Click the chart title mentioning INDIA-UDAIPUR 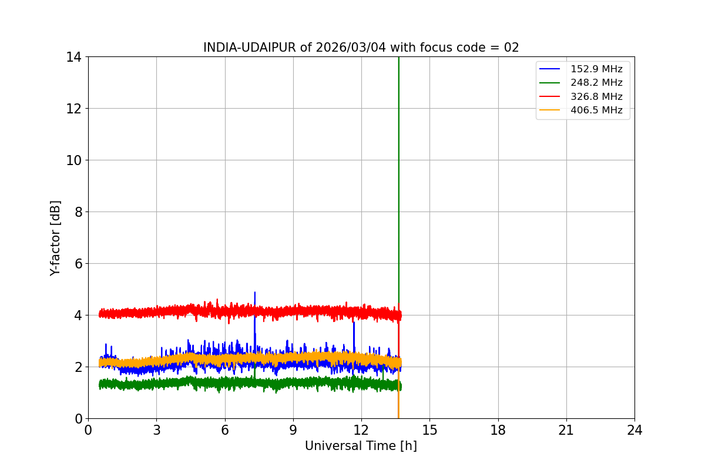pos(361,48)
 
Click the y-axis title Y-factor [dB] pos(55,238)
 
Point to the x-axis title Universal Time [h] pos(361,446)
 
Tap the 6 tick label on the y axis pos(77,264)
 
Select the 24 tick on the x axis pos(634,430)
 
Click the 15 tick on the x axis pos(429,430)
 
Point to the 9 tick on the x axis pos(293,430)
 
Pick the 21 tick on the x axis pos(566,430)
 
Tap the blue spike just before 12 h pos(354,326)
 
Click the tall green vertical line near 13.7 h pos(399,176)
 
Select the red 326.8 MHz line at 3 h pos(156,312)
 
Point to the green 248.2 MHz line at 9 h pos(293,383)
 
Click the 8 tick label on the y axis pos(77,212)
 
